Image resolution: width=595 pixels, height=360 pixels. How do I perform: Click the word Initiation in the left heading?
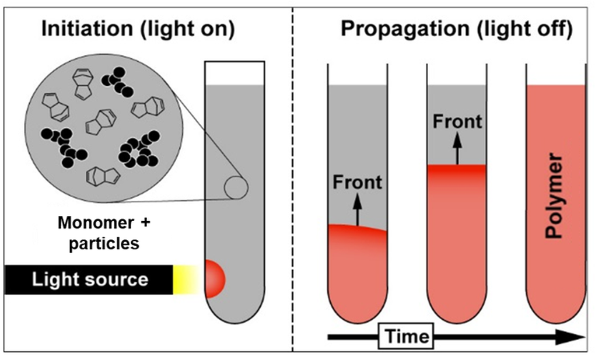point(87,29)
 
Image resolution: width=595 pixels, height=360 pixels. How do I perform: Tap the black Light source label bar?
point(89,280)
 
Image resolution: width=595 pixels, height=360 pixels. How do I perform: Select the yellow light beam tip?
point(186,280)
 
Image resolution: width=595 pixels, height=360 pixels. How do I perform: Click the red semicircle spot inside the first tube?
point(214,279)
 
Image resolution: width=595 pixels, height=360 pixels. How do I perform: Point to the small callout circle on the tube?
point(236,188)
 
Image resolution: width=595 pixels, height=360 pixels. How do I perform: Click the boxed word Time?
point(406,336)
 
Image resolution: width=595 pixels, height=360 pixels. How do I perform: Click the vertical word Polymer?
point(553,196)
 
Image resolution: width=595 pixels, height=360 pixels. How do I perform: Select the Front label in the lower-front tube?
point(357,182)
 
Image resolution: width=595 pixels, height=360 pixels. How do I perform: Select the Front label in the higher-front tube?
point(457,121)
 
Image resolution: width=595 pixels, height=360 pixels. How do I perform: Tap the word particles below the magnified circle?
point(104,243)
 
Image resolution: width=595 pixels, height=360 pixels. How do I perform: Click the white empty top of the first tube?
point(235,74)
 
